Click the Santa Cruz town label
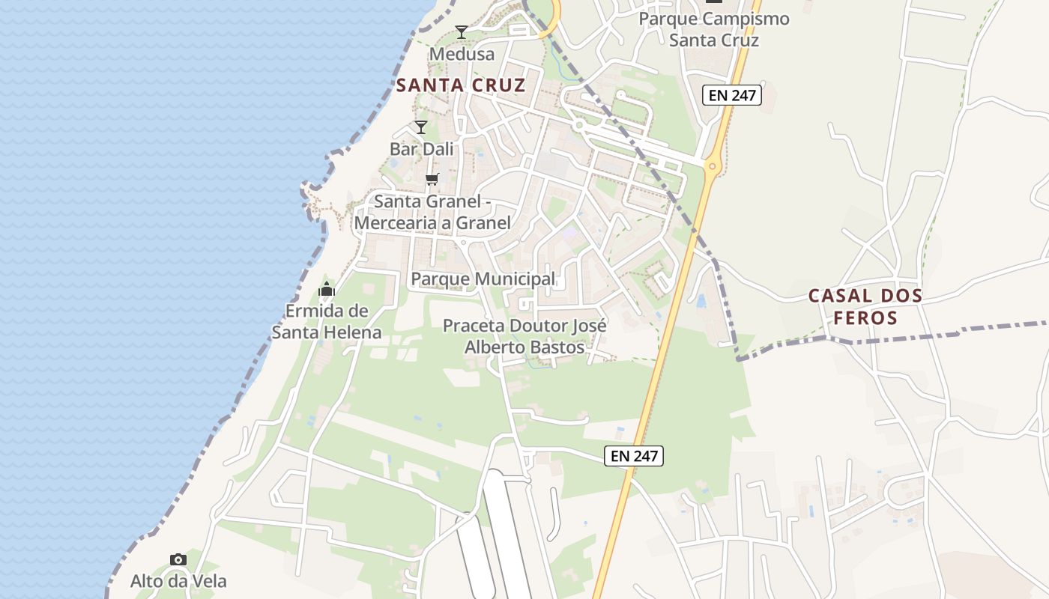coord(461,85)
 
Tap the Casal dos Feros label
coord(865,307)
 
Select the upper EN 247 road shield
coord(732,95)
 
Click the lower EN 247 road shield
coord(635,455)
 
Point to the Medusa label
coord(462,54)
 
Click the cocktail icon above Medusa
coord(462,31)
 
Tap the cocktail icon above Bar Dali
coord(421,127)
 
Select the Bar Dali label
coord(422,149)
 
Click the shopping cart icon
coord(432,179)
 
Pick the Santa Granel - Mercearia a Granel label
coord(433,212)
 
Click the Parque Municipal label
coord(483,279)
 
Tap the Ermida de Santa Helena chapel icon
coord(327,289)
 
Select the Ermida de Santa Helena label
coord(327,321)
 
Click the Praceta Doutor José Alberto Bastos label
coord(524,336)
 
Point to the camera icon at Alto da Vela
coord(178,559)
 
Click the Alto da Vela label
coord(178,581)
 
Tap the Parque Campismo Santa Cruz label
coord(714,29)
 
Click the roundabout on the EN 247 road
coord(712,167)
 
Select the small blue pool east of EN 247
coord(701,301)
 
